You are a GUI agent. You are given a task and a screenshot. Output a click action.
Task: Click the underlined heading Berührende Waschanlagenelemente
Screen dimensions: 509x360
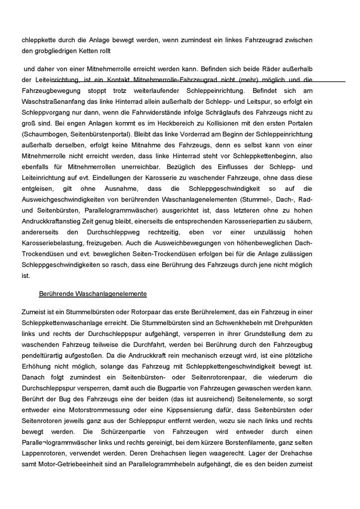[x=92, y=293]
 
